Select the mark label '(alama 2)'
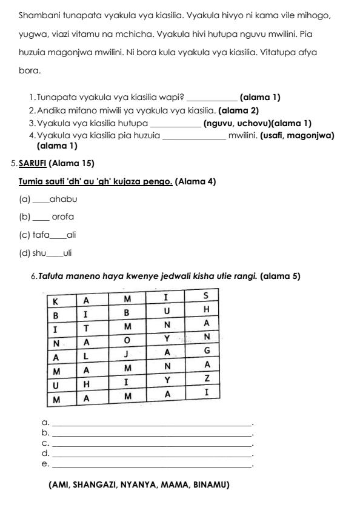(x=238, y=110)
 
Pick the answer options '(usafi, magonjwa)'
(x=297, y=135)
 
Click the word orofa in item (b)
(x=63, y=216)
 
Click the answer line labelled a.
(x=152, y=423)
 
